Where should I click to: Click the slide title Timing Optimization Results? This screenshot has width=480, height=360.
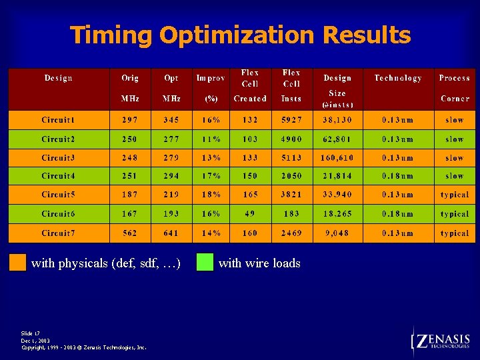pos(240,35)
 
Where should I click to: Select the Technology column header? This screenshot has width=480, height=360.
pos(398,78)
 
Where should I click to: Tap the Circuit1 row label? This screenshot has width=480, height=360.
pos(58,120)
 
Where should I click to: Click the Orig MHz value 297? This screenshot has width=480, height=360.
pos(130,120)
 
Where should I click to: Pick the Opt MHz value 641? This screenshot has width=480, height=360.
pos(171,233)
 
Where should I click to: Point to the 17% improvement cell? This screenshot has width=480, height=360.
pos(211,176)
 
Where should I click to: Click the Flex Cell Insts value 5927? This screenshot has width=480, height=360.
pos(291,120)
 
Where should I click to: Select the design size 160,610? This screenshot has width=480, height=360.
pos(338,158)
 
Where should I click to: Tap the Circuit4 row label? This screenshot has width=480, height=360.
pos(59,176)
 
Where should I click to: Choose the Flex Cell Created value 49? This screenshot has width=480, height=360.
pos(250,214)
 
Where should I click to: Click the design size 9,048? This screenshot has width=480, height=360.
pos(338,233)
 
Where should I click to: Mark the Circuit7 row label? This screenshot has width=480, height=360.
pos(59,233)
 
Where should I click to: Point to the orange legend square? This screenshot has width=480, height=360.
pos(17,262)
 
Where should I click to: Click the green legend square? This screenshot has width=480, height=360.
pos(205,262)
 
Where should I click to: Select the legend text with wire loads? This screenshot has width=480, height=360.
pos(259,263)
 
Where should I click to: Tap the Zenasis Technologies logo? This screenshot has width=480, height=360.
pos(441,341)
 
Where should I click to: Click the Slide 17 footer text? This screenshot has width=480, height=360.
pos(31,333)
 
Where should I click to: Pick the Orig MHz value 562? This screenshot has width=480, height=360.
pos(130,233)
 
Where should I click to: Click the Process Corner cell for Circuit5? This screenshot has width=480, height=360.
pos(455,195)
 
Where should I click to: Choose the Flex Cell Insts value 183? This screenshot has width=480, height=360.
pos(291,214)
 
